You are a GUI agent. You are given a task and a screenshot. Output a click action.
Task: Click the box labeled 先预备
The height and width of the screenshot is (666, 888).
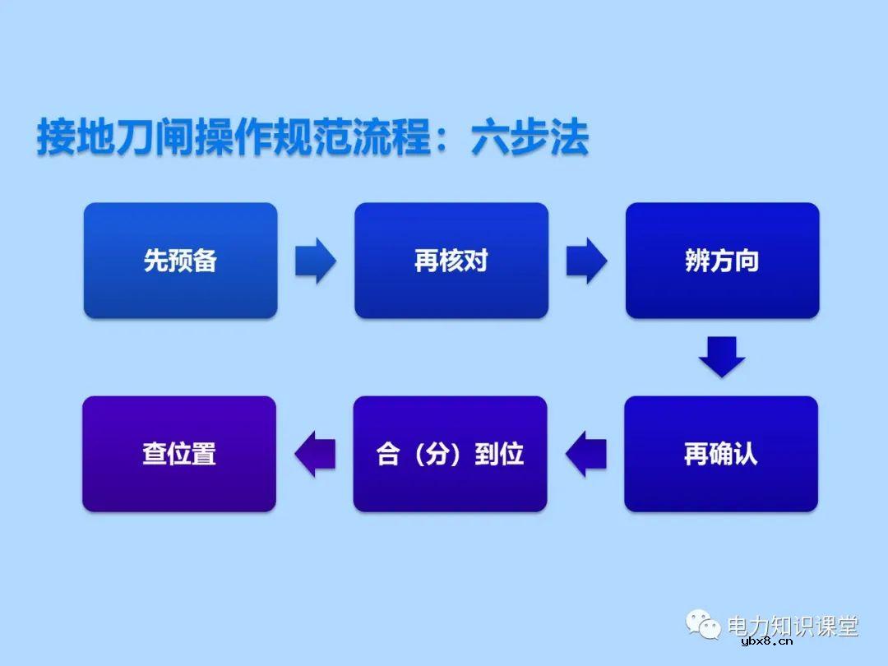[180, 261]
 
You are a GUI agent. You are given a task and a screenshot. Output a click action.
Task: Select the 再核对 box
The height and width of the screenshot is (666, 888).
[451, 261]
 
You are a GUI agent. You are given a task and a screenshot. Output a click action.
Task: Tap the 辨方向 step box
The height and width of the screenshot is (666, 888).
[722, 261]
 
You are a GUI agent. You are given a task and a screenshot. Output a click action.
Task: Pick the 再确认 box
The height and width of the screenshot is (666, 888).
[721, 454]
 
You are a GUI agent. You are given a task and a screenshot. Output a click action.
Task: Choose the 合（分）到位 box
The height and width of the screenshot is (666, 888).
[450, 454]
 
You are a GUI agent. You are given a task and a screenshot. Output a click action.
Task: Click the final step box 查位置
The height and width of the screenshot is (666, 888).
[179, 454]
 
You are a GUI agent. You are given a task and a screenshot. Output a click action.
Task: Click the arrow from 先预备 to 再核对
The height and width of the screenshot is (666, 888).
[316, 261]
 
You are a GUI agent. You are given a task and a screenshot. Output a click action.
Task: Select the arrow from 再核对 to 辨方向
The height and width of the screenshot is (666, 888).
[586, 261]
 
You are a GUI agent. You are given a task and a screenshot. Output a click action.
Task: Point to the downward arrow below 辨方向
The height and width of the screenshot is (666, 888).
[722, 356]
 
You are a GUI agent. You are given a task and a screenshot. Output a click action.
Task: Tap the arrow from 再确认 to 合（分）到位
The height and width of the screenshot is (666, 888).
[585, 454]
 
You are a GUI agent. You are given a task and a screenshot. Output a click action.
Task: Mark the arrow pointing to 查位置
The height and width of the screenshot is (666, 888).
[315, 454]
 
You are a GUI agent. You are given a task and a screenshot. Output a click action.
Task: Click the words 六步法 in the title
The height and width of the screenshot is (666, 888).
[530, 138]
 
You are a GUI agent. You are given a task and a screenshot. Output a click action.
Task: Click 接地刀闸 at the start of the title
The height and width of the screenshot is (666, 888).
[115, 138]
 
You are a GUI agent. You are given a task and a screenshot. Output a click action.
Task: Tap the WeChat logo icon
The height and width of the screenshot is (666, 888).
[704, 627]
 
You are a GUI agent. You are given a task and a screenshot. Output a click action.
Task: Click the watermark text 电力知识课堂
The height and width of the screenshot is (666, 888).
[793, 627]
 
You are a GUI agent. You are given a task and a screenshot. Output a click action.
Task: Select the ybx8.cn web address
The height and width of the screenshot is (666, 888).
[766, 643]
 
